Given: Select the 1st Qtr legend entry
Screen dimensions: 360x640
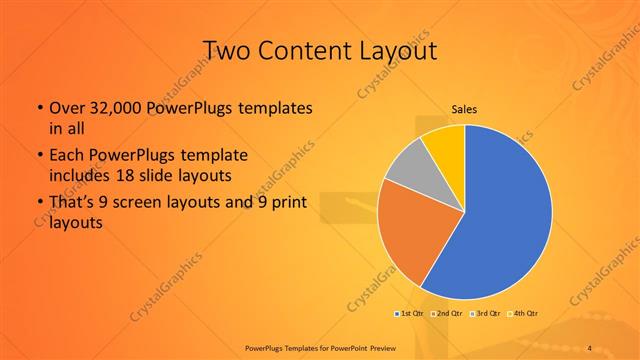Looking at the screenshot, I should click(x=409, y=314).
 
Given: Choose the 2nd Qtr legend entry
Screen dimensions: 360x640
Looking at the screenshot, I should click(x=445, y=314).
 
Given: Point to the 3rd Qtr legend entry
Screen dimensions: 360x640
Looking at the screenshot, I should click(x=483, y=314).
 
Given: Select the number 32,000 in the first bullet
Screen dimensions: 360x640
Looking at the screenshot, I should click(x=111, y=107).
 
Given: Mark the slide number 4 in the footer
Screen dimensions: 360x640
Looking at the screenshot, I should click(x=589, y=347).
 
